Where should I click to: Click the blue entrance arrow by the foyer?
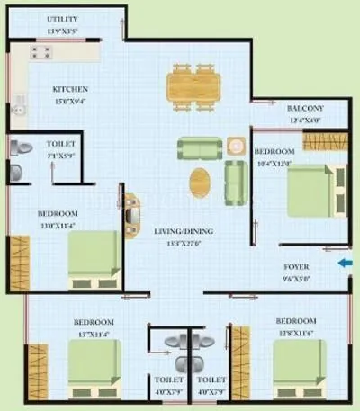pos(345,264)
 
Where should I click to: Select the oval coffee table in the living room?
pos(202,182)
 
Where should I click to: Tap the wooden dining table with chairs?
pos(193,87)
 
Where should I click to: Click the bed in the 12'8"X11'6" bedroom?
pos(297,371)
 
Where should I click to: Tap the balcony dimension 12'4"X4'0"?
pos(281,120)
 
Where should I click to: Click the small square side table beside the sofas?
pos(235,146)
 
